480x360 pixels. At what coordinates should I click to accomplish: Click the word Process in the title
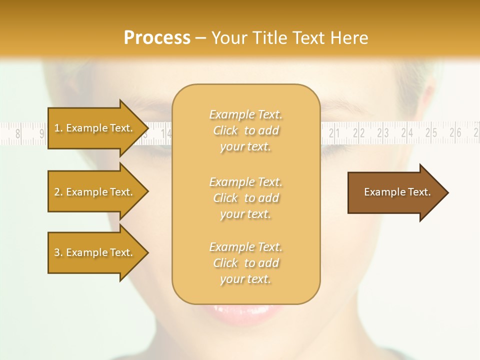pos(157,38)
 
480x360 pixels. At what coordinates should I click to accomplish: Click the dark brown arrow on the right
pos(397,192)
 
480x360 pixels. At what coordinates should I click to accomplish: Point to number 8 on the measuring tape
pos(18,133)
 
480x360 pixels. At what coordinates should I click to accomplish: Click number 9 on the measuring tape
pos(42,133)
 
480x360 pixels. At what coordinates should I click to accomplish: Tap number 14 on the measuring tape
pos(166,133)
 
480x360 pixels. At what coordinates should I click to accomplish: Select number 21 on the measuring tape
pos(334,133)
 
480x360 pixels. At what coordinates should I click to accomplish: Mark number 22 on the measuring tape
pos(358,133)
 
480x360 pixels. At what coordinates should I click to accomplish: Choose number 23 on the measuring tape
pos(383,133)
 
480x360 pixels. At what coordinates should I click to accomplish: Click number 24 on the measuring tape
pos(407,133)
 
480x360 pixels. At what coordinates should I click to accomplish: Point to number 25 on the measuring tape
pos(431,133)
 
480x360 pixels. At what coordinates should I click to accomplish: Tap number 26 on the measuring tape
pos(455,133)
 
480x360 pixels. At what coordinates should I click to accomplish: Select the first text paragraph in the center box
pos(245,130)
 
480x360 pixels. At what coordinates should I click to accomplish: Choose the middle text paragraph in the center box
pos(245,198)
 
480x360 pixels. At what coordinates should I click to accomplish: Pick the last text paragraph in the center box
pos(245,263)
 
